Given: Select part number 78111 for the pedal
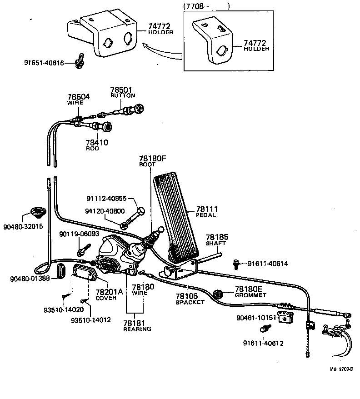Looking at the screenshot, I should pos(207,209).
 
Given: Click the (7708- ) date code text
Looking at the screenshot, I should pos(207,6).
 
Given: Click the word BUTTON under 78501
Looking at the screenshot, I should pos(123,96).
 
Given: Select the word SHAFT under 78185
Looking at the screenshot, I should pos(216,244).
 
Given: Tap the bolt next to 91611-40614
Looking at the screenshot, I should pos(237,263).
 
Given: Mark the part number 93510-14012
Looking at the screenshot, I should pos(90,319).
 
